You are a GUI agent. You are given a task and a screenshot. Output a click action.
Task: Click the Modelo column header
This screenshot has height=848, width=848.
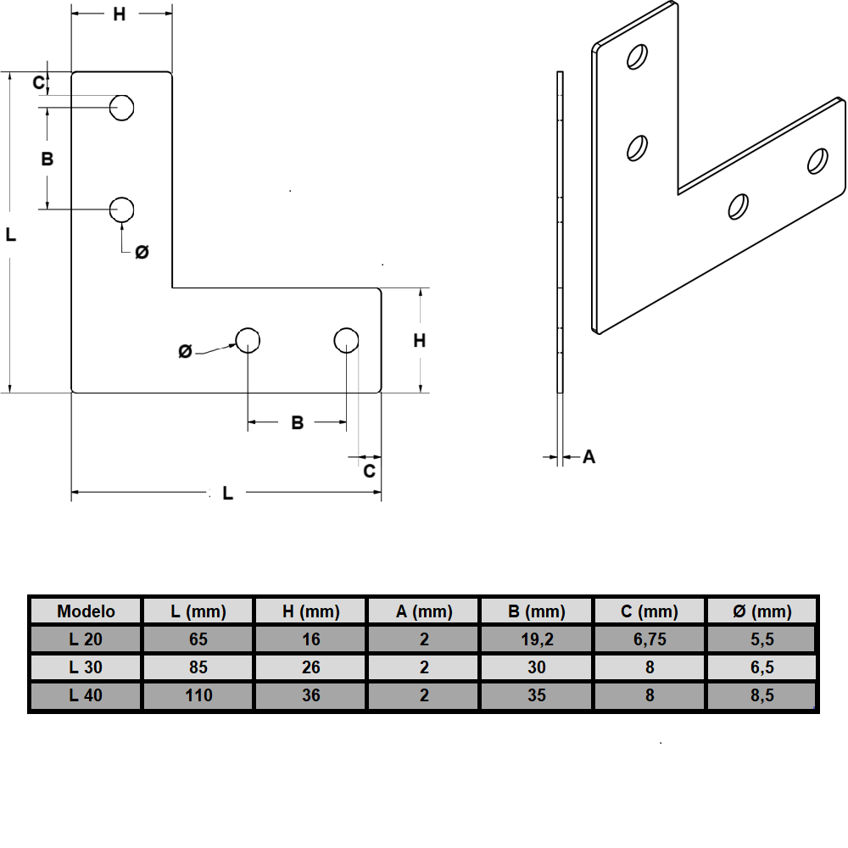click(86, 611)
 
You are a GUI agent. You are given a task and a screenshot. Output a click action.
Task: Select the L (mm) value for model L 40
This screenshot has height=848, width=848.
click(198, 696)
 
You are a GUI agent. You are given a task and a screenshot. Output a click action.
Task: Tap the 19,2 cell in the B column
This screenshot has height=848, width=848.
click(536, 639)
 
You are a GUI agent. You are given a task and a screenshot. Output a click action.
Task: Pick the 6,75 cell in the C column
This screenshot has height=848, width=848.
click(650, 639)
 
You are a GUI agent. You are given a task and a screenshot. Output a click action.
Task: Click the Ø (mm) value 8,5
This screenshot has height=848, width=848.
click(762, 696)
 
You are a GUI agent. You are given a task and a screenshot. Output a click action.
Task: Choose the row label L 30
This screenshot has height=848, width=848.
click(86, 667)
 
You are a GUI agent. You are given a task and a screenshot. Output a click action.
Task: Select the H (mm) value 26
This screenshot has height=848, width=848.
click(311, 667)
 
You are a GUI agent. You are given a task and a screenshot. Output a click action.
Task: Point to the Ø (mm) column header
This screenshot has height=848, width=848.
click(762, 611)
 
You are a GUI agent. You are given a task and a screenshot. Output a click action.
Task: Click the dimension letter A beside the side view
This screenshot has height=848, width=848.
click(589, 457)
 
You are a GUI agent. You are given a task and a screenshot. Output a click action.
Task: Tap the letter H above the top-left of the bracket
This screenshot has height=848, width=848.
click(120, 14)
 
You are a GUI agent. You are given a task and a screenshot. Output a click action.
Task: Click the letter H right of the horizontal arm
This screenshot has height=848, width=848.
click(419, 341)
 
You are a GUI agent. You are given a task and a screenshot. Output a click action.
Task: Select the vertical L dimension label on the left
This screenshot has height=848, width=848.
click(11, 234)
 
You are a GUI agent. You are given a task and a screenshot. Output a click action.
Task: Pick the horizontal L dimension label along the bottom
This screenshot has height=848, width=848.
click(227, 493)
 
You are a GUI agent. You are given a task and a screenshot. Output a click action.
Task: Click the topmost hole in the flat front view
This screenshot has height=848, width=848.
click(123, 108)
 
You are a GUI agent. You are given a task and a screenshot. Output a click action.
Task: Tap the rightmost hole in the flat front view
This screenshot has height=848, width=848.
click(345, 340)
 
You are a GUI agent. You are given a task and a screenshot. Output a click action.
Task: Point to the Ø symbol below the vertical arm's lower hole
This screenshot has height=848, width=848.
click(142, 252)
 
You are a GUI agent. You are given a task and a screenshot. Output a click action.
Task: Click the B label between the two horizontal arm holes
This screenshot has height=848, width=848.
click(297, 422)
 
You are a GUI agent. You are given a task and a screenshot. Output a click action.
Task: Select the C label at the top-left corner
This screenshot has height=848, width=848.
click(38, 82)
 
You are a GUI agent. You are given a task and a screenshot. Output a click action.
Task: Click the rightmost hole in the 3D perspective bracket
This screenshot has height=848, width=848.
click(817, 160)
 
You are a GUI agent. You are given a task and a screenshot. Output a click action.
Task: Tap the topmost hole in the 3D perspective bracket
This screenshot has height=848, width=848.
click(636, 57)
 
